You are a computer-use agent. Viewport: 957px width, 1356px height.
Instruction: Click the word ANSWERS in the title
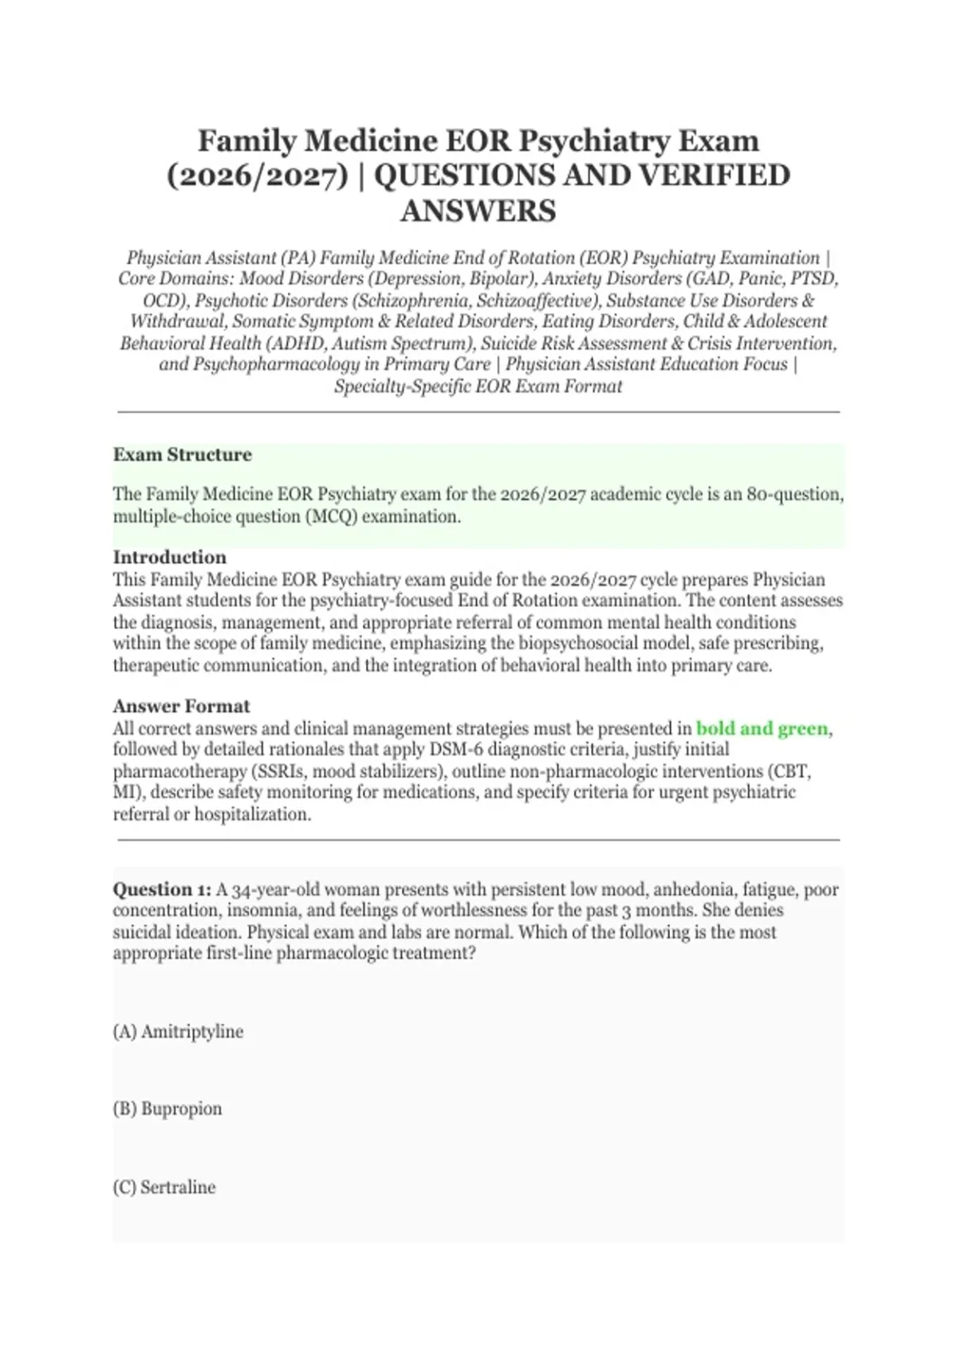(x=478, y=211)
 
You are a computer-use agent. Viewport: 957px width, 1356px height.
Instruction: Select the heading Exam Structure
(x=182, y=455)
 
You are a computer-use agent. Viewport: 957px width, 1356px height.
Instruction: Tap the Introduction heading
(x=169, y=557)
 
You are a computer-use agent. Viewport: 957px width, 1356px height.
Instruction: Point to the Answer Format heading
(x=181, y=706)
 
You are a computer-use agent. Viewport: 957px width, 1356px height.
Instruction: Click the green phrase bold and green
(x=762, y=728)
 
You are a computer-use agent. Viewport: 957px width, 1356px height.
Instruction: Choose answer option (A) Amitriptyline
(x=178, y=1031)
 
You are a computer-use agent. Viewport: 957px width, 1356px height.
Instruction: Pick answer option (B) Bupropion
(x=167, y=1109)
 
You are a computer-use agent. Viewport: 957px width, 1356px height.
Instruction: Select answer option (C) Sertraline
(x=164, y=1187)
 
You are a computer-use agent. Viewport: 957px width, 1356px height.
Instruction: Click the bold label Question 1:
(x=162, y=889)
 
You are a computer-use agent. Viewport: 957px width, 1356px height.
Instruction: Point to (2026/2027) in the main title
(x=258, y=175)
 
